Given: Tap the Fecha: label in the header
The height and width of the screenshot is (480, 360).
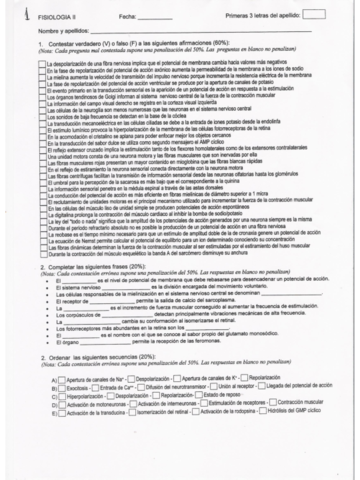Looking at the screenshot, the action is tap(127, 16).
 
